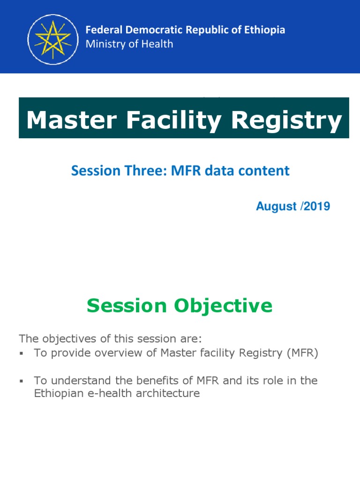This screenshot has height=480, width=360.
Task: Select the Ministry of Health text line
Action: pos(129,44)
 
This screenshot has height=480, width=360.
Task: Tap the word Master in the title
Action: pos(69,120)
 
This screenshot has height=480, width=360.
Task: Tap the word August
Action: pos(273,206)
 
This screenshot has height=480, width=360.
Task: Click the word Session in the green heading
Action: pos(127,306)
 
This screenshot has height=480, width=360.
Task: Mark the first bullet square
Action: pos(22,354)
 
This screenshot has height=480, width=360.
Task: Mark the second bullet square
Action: pos(22,381)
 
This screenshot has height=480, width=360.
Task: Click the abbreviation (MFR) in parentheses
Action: pos(300,353)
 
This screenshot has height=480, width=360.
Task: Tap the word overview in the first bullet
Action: pos(117,353)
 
